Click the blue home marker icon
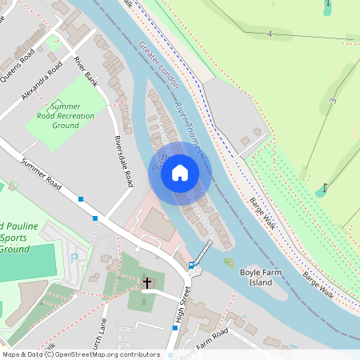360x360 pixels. [180, 173]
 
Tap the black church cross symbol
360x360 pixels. [147, 282]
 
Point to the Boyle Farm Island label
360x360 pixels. [261, 278]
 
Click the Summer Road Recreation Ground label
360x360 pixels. [70, 116]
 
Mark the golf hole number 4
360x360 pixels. [270, 34]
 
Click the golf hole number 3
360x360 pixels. [332, 101]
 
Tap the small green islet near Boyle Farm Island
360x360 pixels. [230, 262]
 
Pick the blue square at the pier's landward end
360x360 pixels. [190, 265]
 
